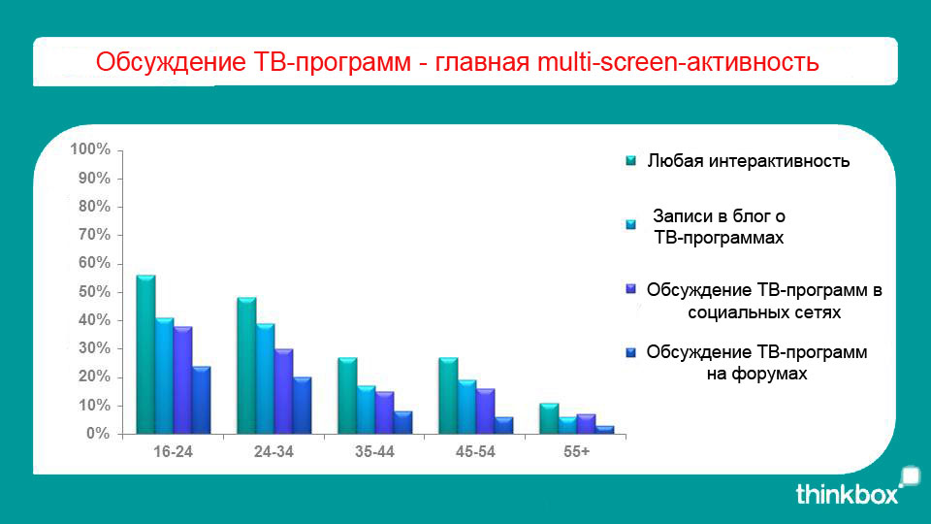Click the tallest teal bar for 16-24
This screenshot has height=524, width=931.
[x=146, y=354]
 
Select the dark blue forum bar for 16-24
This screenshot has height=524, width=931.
[x=202, y=400]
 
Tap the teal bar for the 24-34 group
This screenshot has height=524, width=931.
[x=246, y=366]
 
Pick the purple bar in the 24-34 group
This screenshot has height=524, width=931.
[x=284, y=391]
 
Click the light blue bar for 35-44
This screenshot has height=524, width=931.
[x=367, y=409]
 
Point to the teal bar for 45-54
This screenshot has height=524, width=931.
[x=448, y=396]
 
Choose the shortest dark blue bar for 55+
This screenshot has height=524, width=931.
[x=605, y=430]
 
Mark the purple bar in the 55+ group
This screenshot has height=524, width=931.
[x=586, y=424]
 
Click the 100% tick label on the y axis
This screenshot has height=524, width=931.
[x=90, y=149]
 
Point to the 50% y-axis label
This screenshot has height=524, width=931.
[x=94, y=292]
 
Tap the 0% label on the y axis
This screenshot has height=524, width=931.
[x=99, y=434]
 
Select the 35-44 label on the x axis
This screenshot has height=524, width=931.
[x=374, y=452]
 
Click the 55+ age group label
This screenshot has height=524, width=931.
[x=576, y=452]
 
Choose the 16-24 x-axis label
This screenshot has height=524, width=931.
[x=173, y=452]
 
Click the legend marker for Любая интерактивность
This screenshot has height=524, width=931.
[x=630, y=160]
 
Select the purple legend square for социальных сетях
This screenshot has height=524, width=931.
[x=630, y=289]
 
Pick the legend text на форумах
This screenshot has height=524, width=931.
[x=757, y=374]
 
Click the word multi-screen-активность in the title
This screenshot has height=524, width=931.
[x=678, y=62]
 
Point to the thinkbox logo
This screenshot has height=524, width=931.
[x=857, y=487]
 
